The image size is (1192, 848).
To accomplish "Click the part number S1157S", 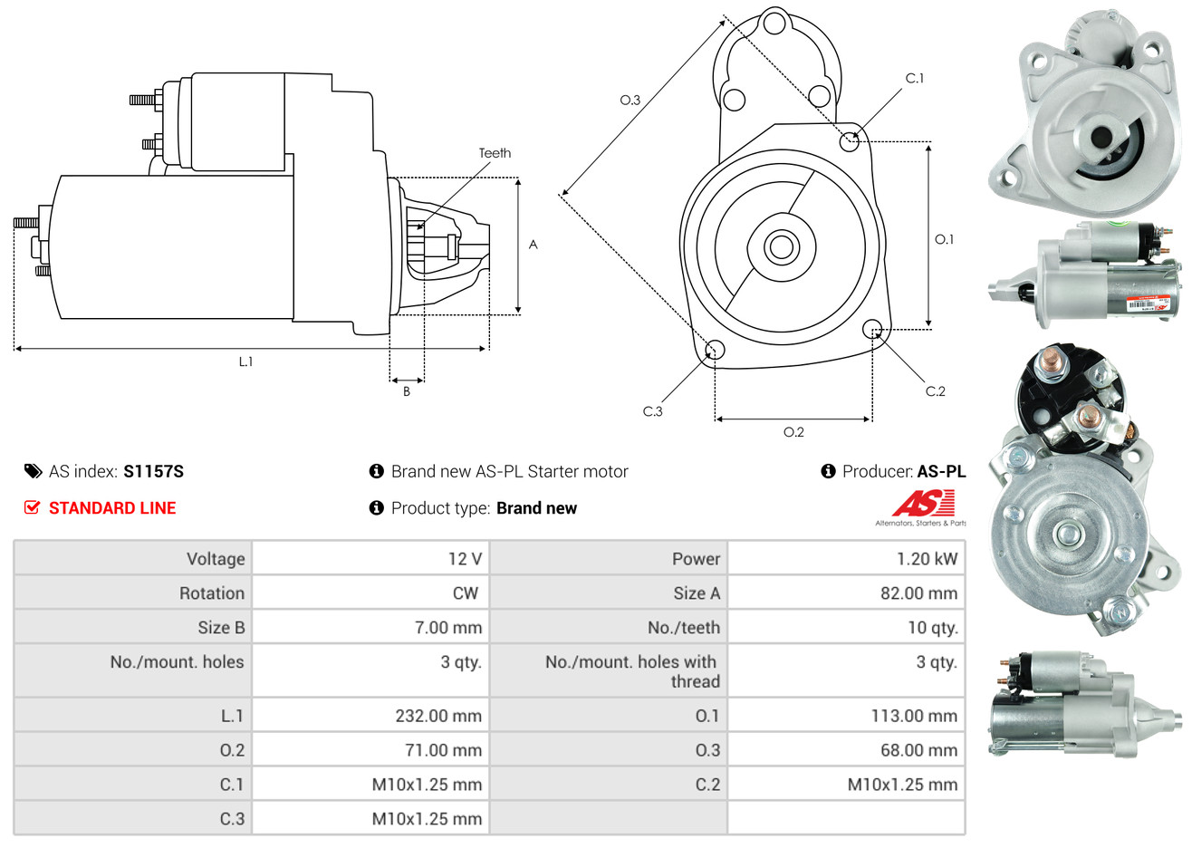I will point(153,471).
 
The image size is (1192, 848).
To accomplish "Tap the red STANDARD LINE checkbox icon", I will point(32,507).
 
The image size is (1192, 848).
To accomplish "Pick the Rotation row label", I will point(212,593).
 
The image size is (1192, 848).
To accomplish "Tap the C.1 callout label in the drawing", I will point(915,79).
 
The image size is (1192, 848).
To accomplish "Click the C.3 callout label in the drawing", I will point(652,411).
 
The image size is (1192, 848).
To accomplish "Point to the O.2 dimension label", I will point(793,432).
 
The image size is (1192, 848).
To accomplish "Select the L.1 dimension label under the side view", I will point(245,361).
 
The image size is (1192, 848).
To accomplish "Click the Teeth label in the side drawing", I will point(495,153).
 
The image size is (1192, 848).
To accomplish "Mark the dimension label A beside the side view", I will point(534,245).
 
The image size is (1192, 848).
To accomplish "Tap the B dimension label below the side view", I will point(407,391).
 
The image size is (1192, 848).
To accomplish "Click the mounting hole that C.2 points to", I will point(872,328).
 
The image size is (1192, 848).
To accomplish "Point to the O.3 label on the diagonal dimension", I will point(630,100).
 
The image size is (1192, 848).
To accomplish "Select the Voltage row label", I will point(216,559).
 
